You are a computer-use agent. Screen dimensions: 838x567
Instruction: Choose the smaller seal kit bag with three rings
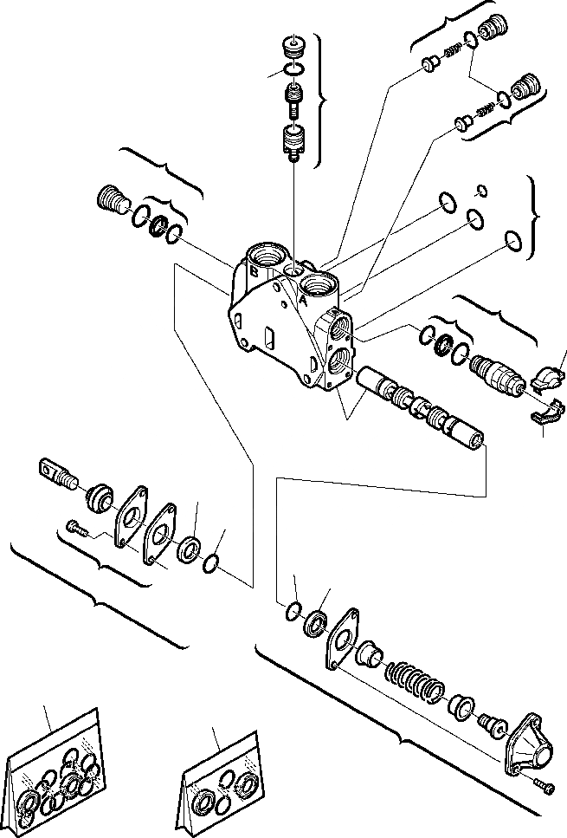(221, 785)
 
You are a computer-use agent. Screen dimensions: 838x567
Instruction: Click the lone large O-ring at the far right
(512, 244)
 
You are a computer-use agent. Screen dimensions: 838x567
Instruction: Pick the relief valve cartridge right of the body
(495, 375)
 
